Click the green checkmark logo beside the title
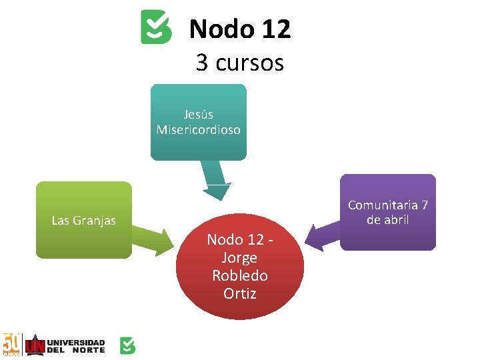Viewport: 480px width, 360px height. (156, 27)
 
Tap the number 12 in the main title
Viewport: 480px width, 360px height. (275, 29)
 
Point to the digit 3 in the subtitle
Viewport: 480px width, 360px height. (202, 63)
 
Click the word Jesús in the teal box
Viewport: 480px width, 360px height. (198, 115)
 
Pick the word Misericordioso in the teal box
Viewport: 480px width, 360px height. (198, 129)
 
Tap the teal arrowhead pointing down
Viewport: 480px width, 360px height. (217, 191)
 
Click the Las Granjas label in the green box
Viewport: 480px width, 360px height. (83, 220)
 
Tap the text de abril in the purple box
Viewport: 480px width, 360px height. (387, 219)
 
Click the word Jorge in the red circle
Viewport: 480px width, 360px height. (239, 258)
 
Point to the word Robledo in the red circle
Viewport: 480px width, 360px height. (239, 275)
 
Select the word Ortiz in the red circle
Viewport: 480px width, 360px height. (239, 293)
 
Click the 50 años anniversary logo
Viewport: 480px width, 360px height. (11, 345)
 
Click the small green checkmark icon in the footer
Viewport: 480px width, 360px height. (127, 345)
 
